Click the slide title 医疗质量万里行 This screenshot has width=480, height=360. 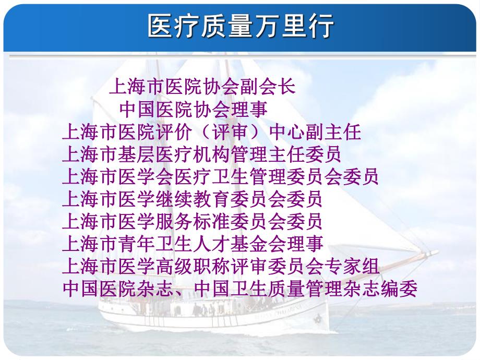pyautogui.click(x=241, y=26)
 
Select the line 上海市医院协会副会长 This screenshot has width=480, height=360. pyautogui.click(x=202, y=86)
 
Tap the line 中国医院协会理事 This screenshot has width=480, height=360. pyautogui.click(x=194, y=109)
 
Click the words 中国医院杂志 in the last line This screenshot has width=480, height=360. pyautogui.click(x=117, y=289)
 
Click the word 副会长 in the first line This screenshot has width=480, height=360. pyautogui.click(x=268, y=86)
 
